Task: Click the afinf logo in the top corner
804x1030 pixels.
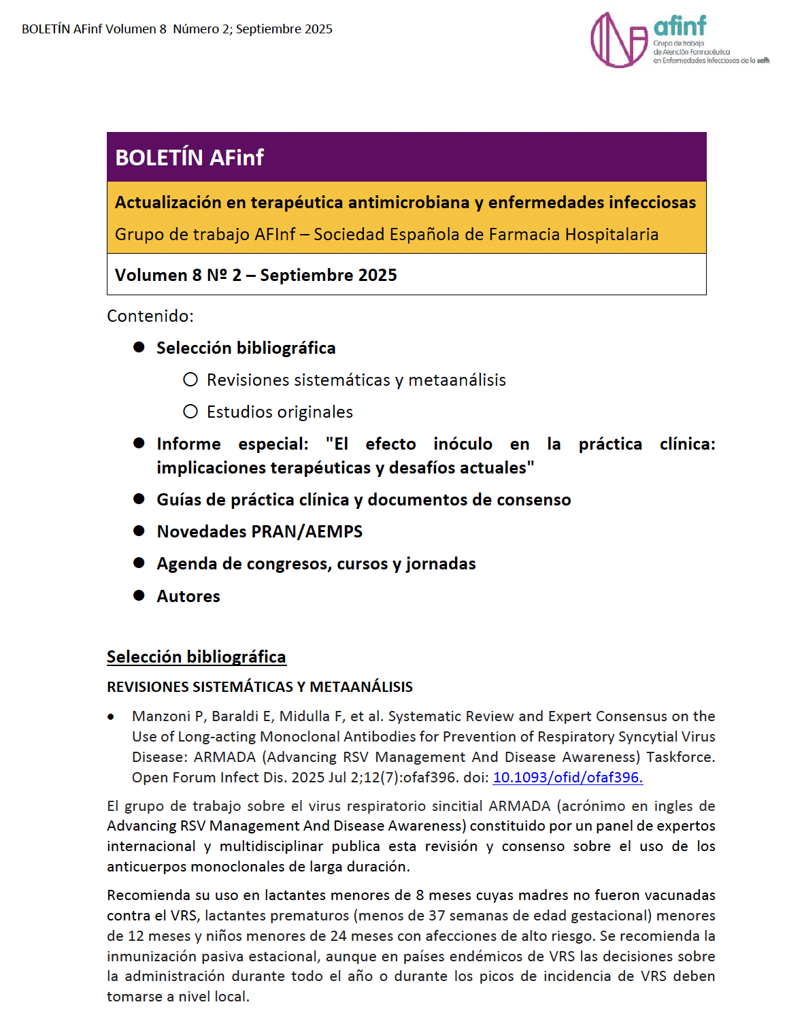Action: [678, 40]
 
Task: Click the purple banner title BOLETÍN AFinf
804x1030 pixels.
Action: [189, 157]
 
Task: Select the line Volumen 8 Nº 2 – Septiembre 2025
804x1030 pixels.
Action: [256, 275]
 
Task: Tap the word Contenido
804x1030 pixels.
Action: [150, 316]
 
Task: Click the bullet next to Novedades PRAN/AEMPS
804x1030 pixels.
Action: [139, 531]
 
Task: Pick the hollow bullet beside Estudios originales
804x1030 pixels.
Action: [190, 412]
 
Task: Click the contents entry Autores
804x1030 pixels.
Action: [188, 596]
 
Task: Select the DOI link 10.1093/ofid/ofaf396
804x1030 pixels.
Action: [567, 777]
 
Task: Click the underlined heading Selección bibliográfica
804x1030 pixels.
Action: [196, 657]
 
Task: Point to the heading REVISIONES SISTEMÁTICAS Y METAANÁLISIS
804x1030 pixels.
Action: [260, 686]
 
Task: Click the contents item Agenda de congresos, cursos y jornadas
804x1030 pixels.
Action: [316, 563]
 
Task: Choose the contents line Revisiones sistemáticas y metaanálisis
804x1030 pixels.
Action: [356, 380]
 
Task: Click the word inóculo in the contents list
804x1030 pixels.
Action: [463, 444]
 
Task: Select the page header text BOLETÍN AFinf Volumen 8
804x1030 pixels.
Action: [94, 29]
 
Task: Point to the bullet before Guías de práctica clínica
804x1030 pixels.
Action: [139, 499]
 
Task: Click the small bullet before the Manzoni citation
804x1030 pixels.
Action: [111, 717]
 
